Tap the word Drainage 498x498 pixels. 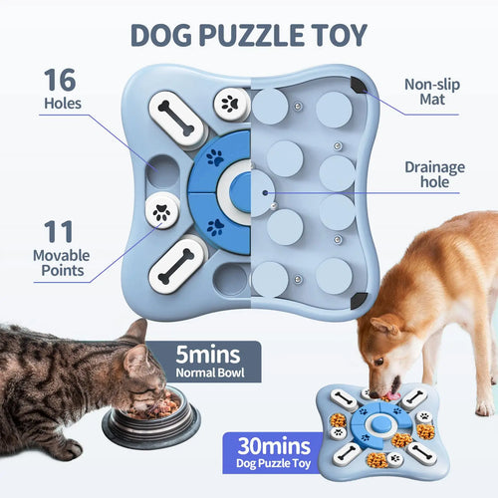pyautogui.click(x=435, y=167)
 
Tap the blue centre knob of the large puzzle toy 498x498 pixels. pyautogui.click(x=241, y=188)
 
